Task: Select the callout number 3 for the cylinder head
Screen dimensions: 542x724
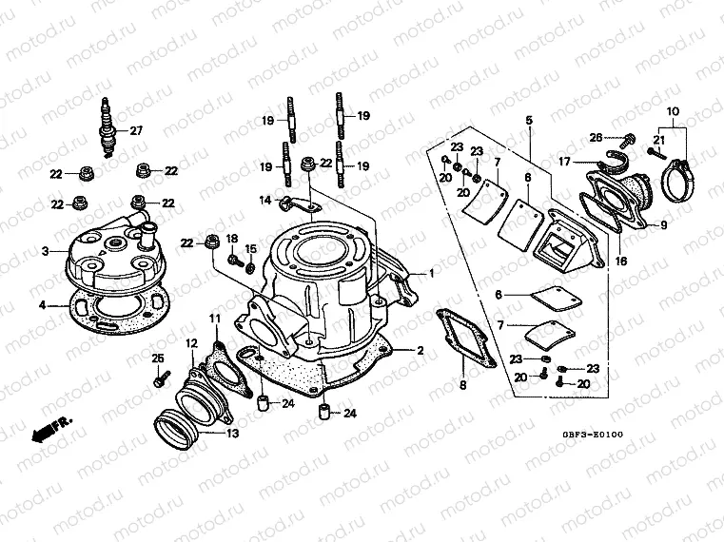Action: coord(45,251)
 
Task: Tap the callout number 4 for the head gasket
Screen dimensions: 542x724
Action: coord(41,305)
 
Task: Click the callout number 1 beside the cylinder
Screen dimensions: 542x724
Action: coord(431,273)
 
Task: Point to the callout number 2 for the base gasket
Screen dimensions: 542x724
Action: coord(420,350)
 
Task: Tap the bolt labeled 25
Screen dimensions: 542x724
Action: coord(156,377)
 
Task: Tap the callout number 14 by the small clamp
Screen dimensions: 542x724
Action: coord(266,199)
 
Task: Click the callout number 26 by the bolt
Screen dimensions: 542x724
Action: coord(597,137)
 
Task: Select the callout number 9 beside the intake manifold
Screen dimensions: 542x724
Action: coord(663,225)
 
